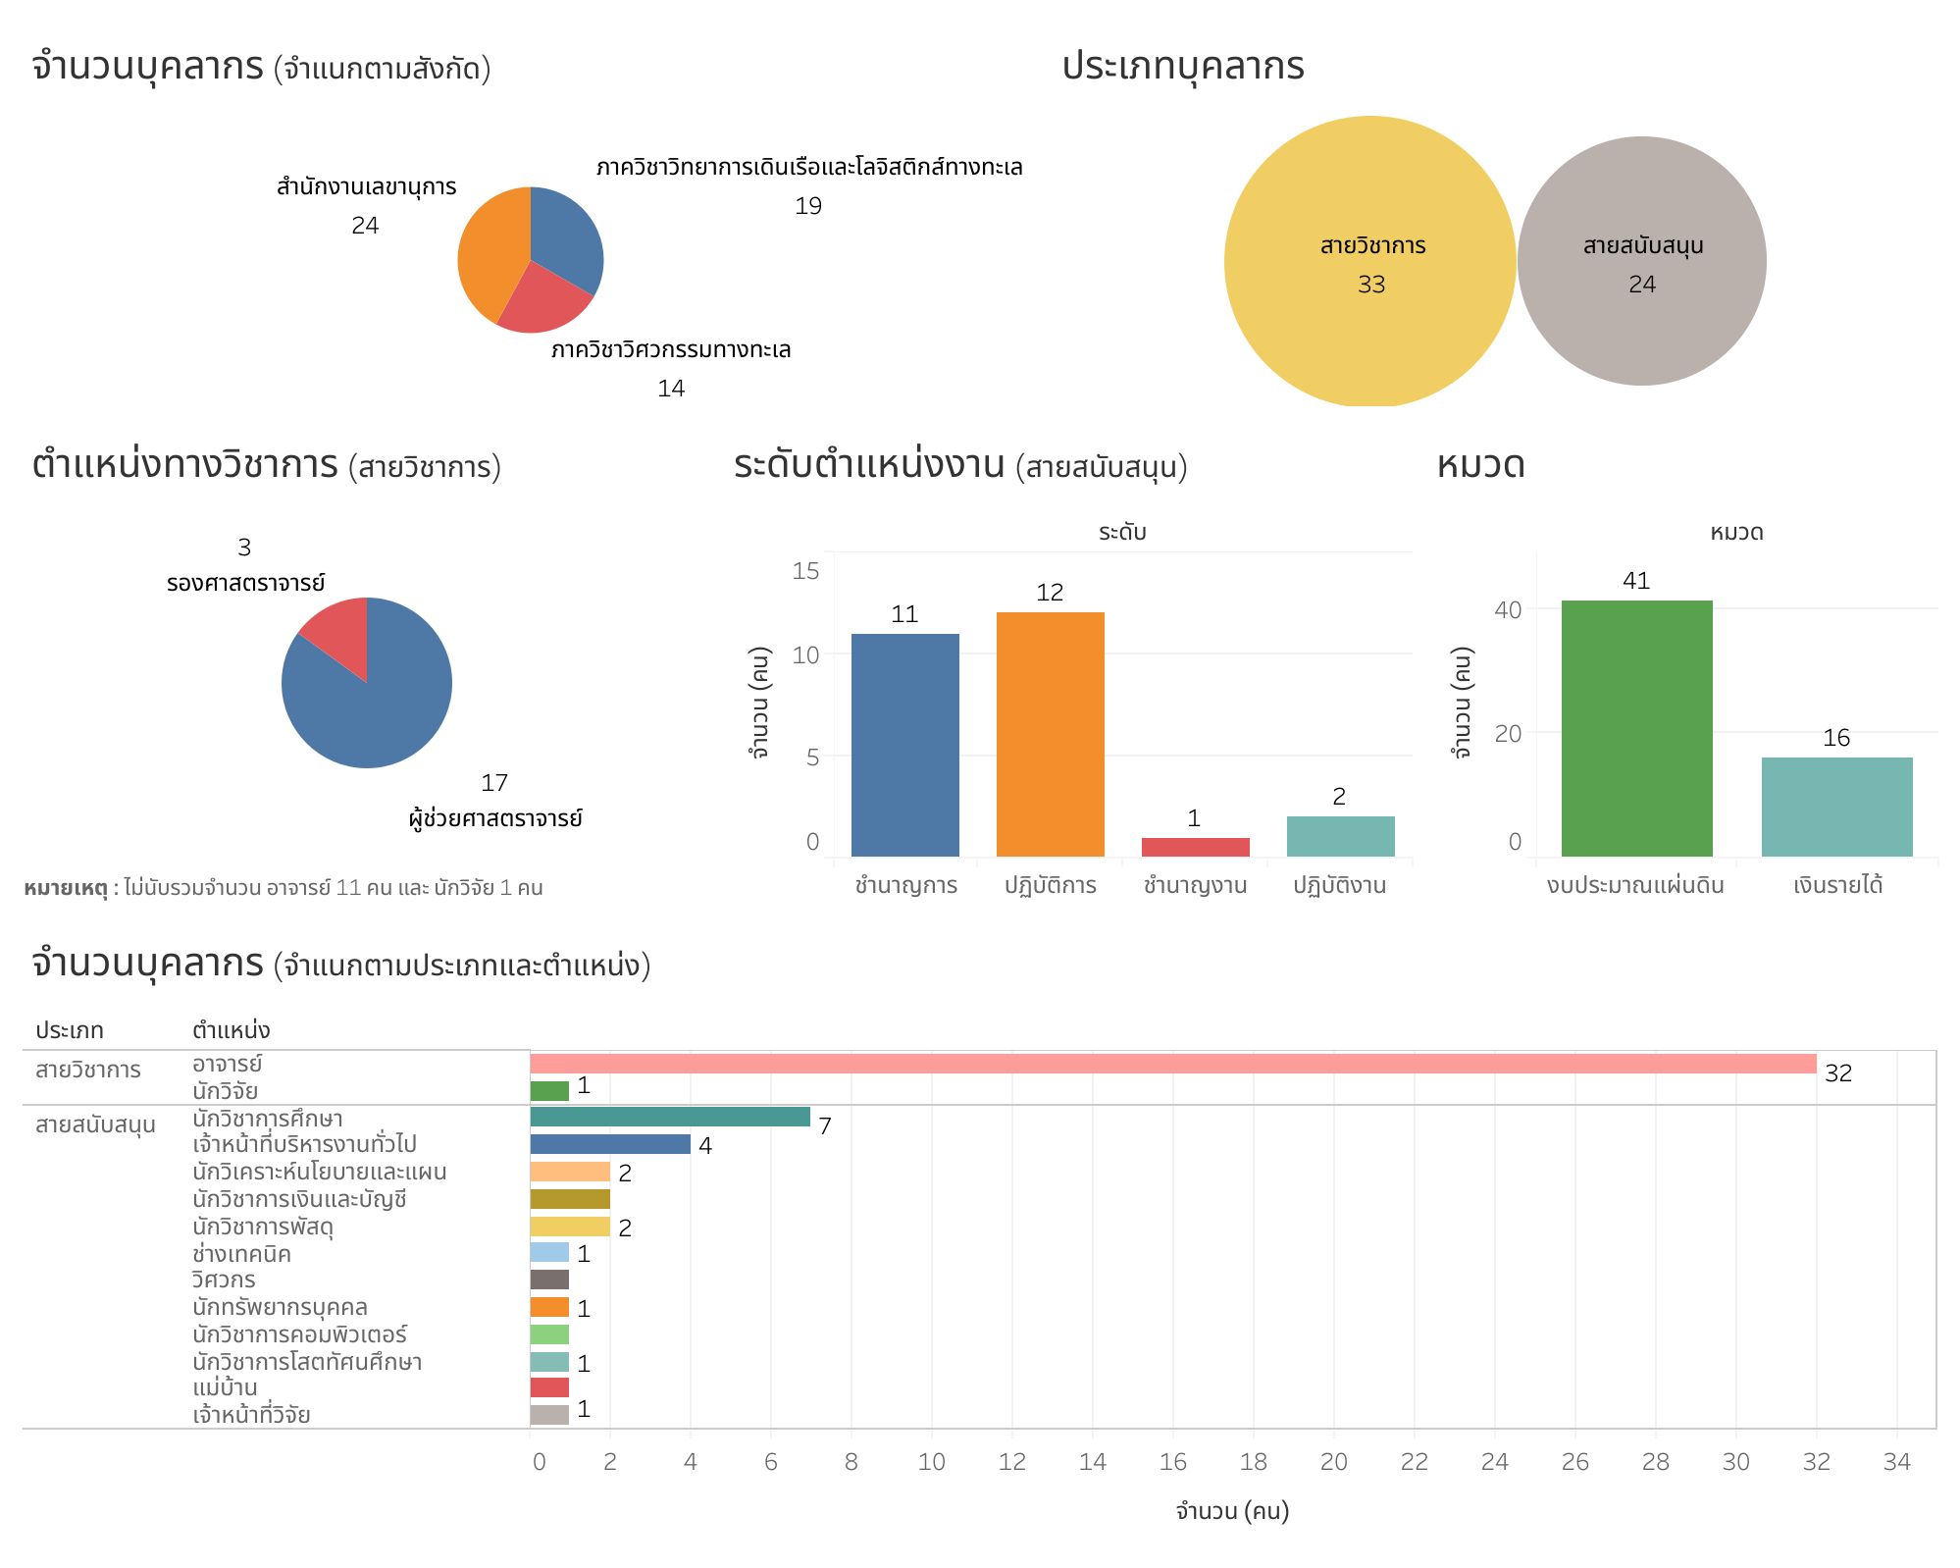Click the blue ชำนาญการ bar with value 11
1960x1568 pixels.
click(904, 745)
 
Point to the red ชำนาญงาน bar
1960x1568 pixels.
click(1195, 847)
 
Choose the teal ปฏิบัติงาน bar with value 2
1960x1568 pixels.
click(1340, 836)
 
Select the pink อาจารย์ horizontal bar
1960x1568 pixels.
click(1172, 1064)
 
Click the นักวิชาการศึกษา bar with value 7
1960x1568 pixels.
click(670, 1117)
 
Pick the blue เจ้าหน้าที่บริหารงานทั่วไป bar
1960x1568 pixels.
click(610, 1144)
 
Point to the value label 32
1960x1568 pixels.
click(1837, 1073)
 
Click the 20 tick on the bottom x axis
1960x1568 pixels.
click(1333, 1462)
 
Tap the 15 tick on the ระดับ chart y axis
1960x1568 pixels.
click(805, 571)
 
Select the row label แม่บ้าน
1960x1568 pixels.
click(225, 1388)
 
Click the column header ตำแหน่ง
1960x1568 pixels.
click(231, 1030)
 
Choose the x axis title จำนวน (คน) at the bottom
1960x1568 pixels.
click(1232, 1511)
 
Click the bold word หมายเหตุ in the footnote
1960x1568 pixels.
click(65, 888)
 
